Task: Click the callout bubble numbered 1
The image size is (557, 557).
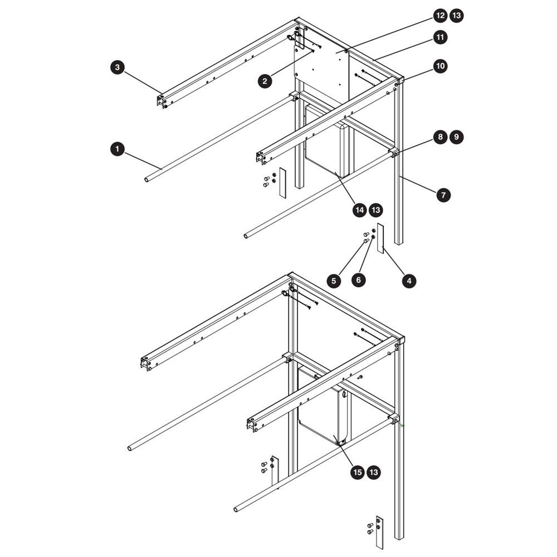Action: coord(118,149)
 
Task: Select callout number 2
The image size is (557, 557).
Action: coord(265,81)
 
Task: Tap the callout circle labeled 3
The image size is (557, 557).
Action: coord(118,67)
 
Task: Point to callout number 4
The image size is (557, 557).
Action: coord(409,281)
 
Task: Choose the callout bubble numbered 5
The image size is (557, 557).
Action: coord(334,281)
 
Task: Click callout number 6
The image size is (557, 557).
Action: coord(358,280)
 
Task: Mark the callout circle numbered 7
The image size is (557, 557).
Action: coord(443,195)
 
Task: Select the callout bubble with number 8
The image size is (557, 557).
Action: coord(441,137)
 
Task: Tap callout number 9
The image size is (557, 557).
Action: coord(457,137)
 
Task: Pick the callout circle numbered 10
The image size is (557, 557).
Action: coord(441,66)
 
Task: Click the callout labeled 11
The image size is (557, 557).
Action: coord(441,37)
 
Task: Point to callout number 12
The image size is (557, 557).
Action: coord(441,16)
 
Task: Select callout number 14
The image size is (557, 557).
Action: coord(359,210)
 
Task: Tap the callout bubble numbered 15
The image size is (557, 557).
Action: coord(358,472)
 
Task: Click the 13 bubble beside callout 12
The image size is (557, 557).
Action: coord(457,16)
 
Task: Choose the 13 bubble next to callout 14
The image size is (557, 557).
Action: coord(376,210)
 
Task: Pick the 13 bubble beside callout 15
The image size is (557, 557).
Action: coord(374,472)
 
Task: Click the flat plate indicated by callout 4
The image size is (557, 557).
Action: coord(380,238)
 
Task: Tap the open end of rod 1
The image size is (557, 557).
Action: coord(146,180)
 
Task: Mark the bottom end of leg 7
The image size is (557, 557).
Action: coord(399,243)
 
